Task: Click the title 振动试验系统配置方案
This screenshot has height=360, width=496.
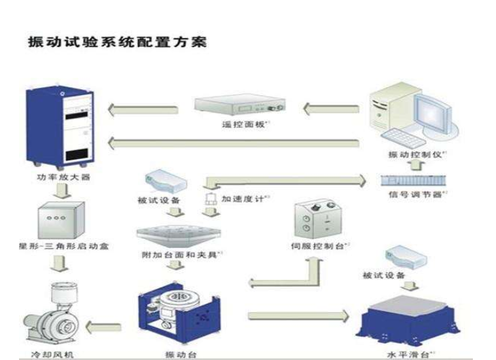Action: click(x=116, y=41)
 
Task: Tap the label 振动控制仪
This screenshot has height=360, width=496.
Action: click(x=415, y=156)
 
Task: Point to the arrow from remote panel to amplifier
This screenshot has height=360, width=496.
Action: click(x=145, y=107)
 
